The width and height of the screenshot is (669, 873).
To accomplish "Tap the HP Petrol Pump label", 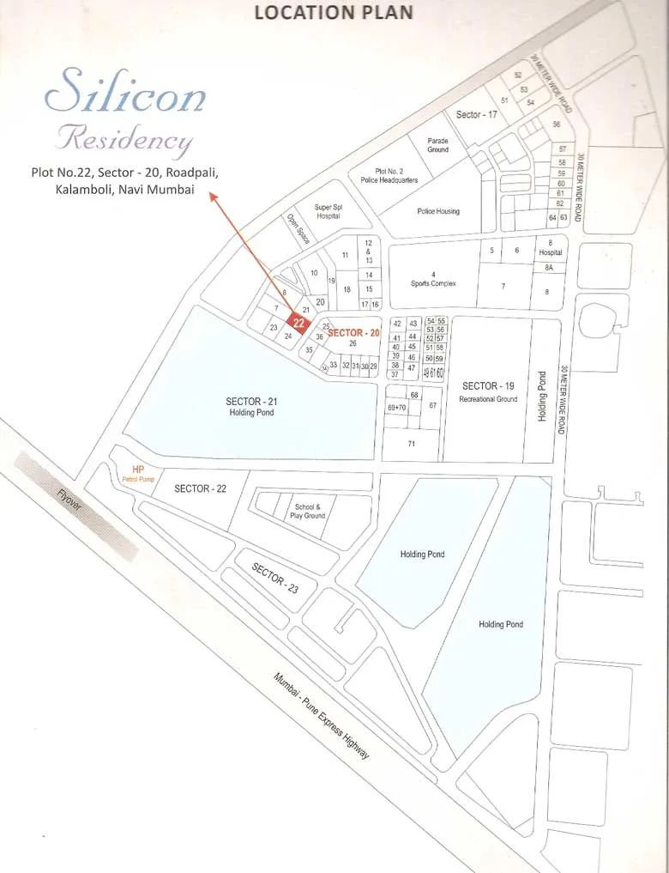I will (x=138, y=474).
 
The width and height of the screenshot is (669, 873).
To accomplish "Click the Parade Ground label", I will (x=437, y=144).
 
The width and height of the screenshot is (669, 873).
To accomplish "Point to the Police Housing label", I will (x=438, y=211).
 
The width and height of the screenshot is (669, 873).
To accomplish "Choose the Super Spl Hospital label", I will (x=328, y=211).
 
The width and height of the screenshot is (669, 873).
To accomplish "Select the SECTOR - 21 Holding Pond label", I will (x=251, y=406).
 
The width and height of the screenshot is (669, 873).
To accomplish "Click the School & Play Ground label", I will (x=308, y=511).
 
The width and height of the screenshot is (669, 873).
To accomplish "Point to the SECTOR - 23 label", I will (x=274, y=576).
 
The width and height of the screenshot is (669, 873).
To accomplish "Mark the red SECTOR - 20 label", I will (x=353, y=332).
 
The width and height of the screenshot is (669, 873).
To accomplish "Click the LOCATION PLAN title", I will (x=334, y=12).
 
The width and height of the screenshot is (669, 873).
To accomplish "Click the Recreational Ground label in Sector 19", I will (x=488, y=399).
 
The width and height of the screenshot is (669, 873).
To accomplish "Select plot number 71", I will (x=411, y=443).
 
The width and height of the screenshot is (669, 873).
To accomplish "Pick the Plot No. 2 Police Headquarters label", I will (x=396, y=175).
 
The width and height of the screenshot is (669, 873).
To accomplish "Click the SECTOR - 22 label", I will (x=200, y=488).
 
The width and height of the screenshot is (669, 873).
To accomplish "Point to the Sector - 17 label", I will (x=476, y=114).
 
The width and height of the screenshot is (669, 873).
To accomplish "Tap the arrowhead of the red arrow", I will (x=213, y=197).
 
